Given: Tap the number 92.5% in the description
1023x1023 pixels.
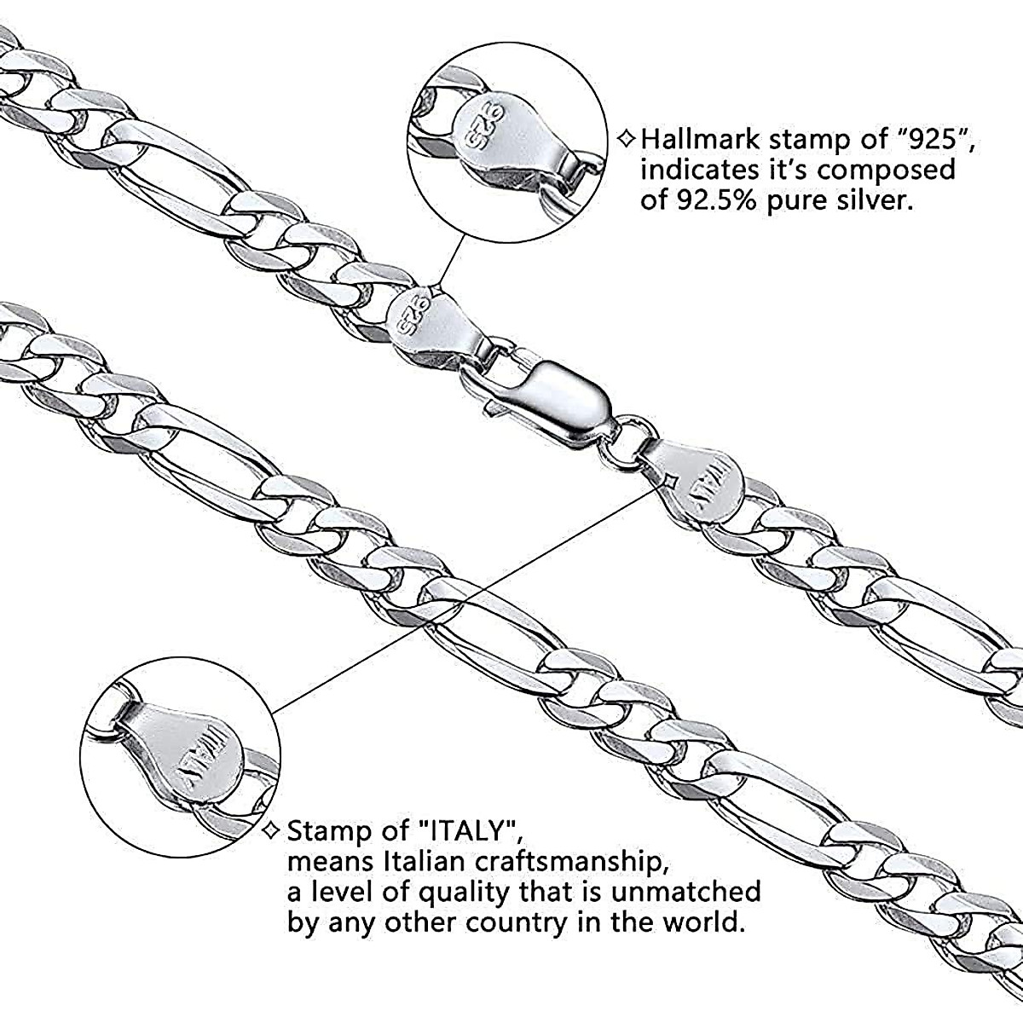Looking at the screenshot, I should (721, 201).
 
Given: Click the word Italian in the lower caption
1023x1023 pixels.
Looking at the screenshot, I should (429, 860).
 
